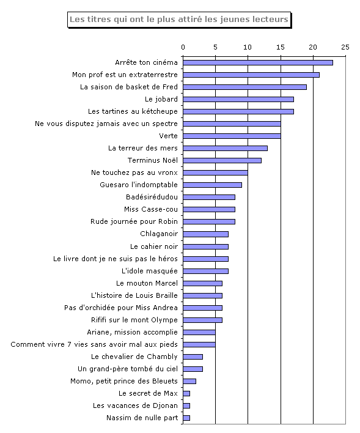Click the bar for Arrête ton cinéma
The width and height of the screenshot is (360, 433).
click(258, 62)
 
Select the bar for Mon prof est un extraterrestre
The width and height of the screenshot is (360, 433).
click(251, 75)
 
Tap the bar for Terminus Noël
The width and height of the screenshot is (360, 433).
click(222, 160)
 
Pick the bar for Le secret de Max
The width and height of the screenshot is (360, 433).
click(186, 393)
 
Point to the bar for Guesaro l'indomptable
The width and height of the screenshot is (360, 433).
click(212, 185)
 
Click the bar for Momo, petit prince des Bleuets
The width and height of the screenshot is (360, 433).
click(189, 382)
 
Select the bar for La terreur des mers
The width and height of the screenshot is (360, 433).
click(225, 148)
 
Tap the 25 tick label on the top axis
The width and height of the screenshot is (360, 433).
click(345, 47)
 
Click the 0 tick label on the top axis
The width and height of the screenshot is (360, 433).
click(183, 47)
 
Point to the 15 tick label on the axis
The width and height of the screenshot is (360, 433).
click(281, 47)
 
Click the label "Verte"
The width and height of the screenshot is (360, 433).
click(169, 136)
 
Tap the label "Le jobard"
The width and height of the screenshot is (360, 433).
click(161, 99)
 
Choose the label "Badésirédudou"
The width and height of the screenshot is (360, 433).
click(152, 197)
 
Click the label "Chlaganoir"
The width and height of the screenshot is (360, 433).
click(159, 234)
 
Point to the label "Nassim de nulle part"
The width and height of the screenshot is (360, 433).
click(142, 418)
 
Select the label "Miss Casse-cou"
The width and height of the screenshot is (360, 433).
click(151, 209)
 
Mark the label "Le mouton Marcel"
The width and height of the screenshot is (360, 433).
click(147, 283)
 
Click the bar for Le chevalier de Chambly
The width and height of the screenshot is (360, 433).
click(193, 357)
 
